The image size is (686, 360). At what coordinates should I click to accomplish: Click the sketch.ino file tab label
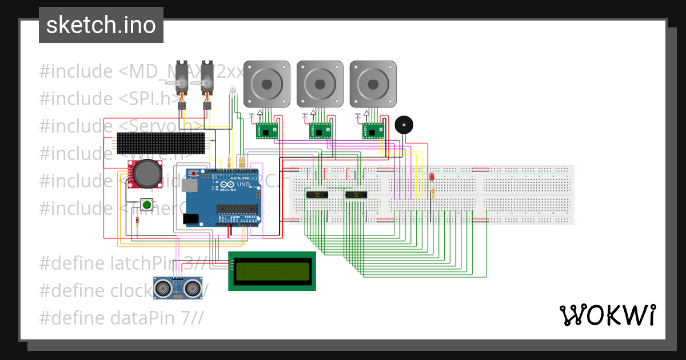pos(101,25)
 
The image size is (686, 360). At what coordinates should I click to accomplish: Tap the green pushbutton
pos(146,205)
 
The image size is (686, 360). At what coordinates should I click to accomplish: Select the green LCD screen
pos(272,271)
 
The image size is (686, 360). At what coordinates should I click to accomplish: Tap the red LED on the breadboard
pos(432,177)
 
